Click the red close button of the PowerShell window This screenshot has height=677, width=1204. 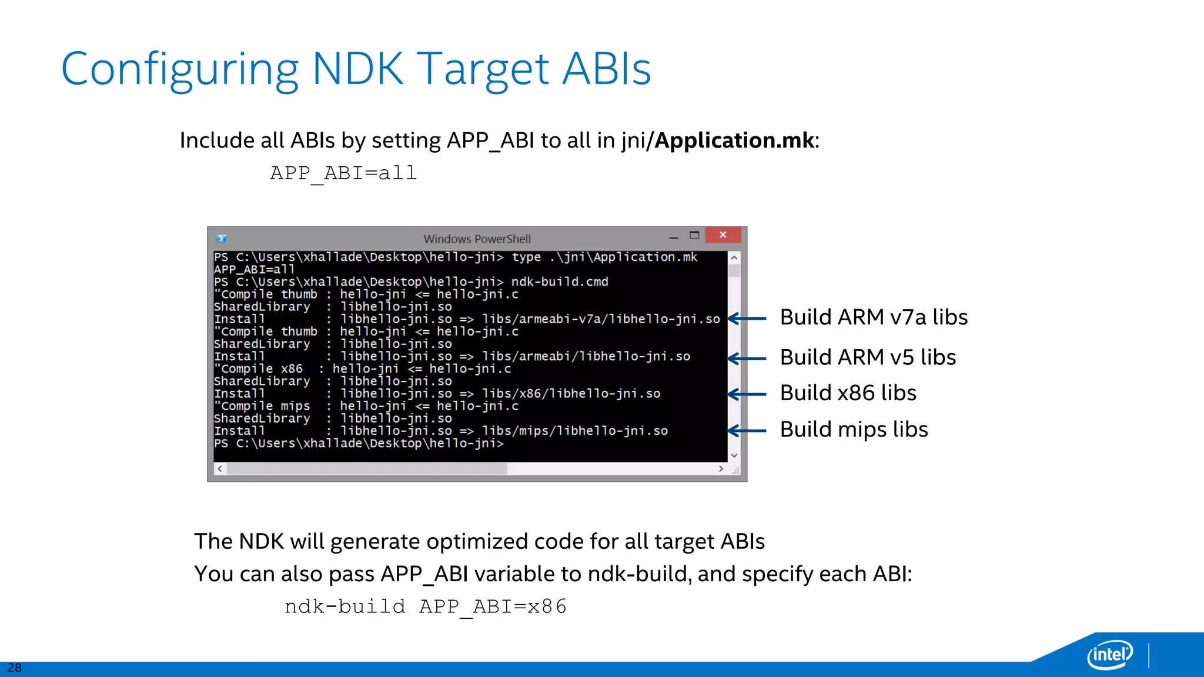coord(723,235)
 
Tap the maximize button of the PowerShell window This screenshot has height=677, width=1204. coord(694,235)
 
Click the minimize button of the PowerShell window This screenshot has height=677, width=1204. coord(674,237)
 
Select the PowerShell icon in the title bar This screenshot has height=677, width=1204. coord(222,238)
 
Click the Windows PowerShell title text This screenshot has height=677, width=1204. coord(477,239)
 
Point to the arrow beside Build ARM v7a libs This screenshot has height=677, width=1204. coord(747,319)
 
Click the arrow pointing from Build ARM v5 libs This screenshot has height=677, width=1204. coord(747,358)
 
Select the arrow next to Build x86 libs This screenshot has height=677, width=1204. coord(747,394)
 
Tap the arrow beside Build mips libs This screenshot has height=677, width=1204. coord(747,431)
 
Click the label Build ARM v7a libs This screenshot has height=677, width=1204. coord(874,317)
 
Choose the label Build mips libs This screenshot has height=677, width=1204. coord(854,430)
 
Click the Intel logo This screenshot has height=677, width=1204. coord(1109,654)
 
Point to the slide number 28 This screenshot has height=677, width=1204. coord(14,668)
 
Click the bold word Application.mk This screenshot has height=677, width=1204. coord(734,140)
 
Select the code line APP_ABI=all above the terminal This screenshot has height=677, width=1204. coord(343,173)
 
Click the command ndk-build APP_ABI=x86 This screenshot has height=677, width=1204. coord(426,606)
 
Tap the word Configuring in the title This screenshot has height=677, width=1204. coord(180,69)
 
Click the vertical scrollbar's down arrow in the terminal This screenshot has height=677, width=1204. coord(734,455)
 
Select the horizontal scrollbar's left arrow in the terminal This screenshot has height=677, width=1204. coord(220,469)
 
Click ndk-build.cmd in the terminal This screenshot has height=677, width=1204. coord(559,281)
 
